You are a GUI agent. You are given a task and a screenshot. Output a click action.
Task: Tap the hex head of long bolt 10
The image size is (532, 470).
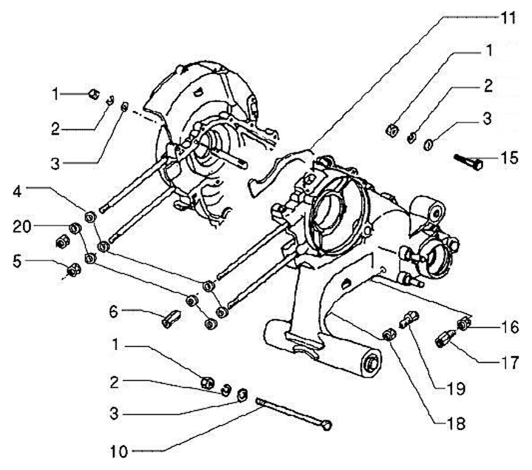click(328, 425)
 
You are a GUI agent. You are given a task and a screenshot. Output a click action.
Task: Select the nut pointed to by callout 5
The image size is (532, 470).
click(73, 272)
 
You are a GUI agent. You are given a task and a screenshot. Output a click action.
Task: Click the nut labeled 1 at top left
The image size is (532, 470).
click(94, 93)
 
